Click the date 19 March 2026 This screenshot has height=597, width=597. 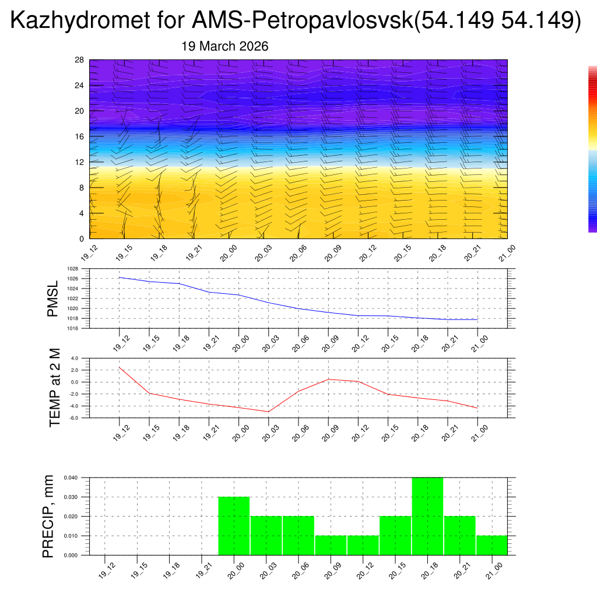(225, 47)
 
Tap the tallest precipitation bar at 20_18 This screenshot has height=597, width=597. (427, 516)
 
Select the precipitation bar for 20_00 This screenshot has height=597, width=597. (234, 525)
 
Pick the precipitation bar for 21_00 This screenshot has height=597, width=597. (491, 545)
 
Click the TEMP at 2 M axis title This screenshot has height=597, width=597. (55, 387)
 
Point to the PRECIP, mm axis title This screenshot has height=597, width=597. (48, 516)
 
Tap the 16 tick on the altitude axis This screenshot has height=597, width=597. (80, 136)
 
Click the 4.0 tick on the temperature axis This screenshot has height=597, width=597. (75, 358)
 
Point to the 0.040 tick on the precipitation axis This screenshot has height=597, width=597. (71, 477)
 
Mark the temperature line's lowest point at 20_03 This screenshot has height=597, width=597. (268, 412)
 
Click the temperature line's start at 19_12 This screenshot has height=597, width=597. (120, 367)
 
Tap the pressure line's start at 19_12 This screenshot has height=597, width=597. (120, 278)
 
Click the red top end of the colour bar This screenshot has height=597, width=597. (592, 70)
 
